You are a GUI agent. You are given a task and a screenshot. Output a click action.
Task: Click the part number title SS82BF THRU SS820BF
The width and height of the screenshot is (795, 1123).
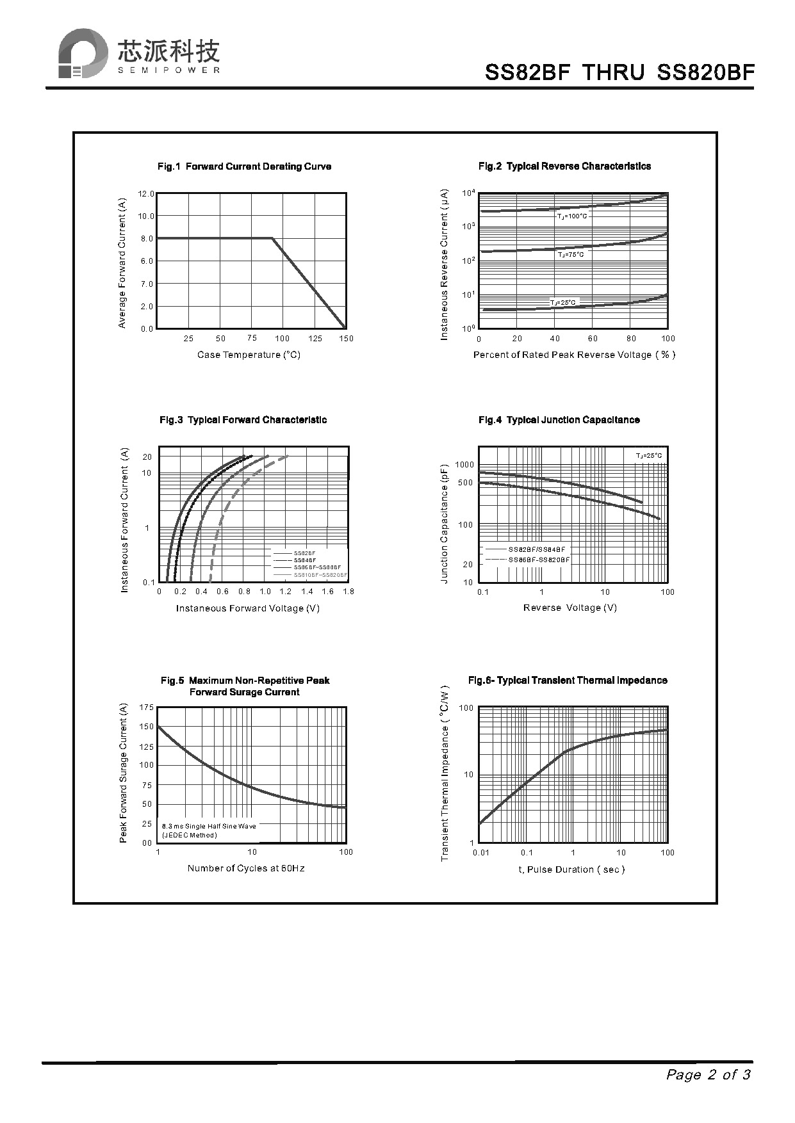[619, 72]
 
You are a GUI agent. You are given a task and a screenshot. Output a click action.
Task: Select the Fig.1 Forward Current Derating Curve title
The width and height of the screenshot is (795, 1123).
[244, 166]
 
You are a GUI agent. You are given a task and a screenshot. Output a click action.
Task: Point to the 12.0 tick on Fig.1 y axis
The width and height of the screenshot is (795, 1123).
[146, 193]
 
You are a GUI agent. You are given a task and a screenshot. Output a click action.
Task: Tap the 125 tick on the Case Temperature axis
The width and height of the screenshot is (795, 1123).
[315, 339]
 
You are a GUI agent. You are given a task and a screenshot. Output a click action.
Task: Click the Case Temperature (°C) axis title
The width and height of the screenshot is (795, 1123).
[249, 355]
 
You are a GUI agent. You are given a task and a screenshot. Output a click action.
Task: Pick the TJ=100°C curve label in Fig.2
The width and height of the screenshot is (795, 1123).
[571, 216]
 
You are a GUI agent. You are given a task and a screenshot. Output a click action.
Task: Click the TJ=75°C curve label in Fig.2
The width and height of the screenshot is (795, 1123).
[570, 255]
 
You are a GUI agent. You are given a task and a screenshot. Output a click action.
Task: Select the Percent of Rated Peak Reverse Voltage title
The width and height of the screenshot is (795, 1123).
[574, 355]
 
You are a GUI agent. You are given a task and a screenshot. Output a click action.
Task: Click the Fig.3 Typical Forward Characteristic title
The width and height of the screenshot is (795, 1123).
[243, 420]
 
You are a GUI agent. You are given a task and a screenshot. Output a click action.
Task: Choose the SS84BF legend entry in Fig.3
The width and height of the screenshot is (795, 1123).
[305, 560]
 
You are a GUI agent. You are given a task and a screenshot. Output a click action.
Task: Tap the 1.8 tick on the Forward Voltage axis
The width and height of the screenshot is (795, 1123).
[348, 592]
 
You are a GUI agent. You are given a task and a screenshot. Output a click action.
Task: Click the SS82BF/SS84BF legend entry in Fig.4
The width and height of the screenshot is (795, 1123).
[537, 550]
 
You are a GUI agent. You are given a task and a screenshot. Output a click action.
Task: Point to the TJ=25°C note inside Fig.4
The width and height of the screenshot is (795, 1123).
[648, 456]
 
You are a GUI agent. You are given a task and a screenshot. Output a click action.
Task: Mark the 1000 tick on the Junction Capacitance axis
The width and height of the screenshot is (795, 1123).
[464, 465]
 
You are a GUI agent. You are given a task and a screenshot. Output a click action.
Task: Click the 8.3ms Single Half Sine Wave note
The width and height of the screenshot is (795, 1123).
[209, 827]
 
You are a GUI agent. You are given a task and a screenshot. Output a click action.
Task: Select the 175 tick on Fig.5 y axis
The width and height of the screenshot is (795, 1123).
[146, 707]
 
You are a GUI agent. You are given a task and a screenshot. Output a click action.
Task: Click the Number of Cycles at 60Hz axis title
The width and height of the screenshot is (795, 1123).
[246, 869]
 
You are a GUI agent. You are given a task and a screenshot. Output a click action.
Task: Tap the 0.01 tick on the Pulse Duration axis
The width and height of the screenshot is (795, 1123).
[481, 853]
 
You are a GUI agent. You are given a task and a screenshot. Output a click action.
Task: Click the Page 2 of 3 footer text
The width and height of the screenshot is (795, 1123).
[708, 1075]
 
